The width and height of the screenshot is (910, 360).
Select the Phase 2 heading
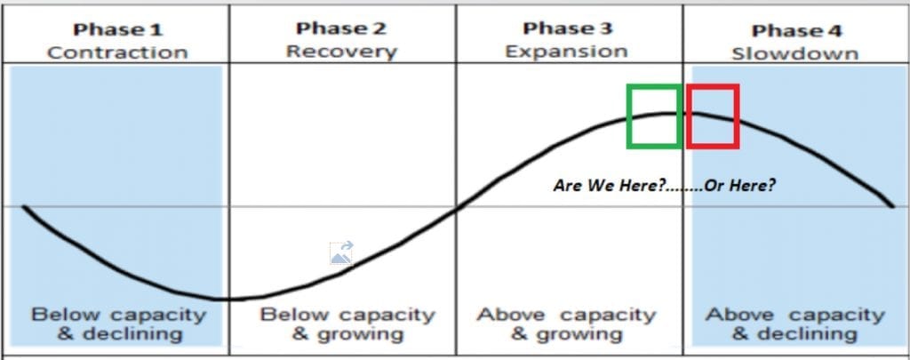[341, 28]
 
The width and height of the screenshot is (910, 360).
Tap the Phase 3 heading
[568, 28]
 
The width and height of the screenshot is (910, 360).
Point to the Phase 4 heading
[796, 31]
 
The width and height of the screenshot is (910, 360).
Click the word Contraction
[117, 52]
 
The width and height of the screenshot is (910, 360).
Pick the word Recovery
[341, 52]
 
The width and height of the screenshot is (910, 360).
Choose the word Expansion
[566, 52]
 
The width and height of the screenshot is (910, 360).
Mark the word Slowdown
[794, 54]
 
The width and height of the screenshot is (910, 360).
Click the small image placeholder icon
[341, 253]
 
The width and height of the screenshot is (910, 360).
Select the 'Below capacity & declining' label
[118, 324]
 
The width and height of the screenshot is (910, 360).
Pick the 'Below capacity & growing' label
[347, 324]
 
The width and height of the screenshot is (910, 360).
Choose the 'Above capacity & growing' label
[566, 324]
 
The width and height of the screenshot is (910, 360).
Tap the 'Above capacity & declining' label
[795, 324]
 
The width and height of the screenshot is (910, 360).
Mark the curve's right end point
[892, 205]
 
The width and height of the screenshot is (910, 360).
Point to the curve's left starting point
[24, 206]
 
